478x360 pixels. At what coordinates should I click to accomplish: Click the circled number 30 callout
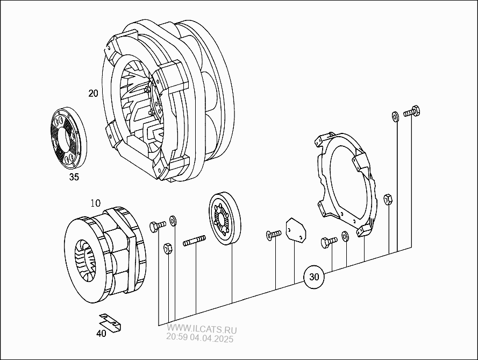pyautogui.click(x=315, y=278)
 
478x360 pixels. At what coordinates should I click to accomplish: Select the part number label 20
pyautogui.click(x=94, y=93)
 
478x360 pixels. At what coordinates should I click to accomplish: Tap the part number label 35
pyautogui.click(x=74, y=177)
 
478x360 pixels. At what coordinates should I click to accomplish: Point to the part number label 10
pyautogui.click(x=95, y=203)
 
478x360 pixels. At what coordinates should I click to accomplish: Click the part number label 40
pyautogui.click(x=101, y=333)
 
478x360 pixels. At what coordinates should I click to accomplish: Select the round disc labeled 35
pyautogui.click(x=69, y=137)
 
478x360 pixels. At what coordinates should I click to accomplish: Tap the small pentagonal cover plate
pyautogui.click(x=295, y=230)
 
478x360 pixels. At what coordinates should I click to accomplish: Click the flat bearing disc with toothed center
pyautogui.click(x=226, y=219)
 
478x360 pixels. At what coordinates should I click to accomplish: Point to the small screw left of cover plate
pyautogui.click(x=273, y=234)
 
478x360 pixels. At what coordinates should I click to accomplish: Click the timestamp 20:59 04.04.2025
pyautogui.click(x=200, y=338)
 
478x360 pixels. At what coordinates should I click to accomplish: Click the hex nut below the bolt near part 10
pyautogui.click(x=167, y=248)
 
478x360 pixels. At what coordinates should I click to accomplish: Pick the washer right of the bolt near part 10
pyautogui.click(x=173, y=221)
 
